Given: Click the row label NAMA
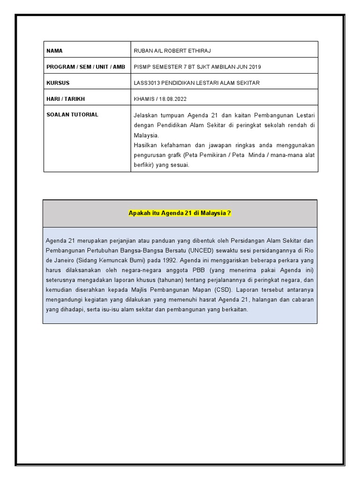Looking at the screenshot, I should [54, 51].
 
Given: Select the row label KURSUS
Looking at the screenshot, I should [58, 83].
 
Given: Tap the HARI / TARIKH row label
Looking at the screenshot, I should [66, 99].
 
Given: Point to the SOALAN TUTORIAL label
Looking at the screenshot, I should [72, 114].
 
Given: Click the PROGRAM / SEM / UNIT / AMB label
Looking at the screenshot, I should [86, 67].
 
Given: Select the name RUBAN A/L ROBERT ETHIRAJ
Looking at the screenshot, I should [169, 51].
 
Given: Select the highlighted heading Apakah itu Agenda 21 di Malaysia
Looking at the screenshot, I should [180, 213].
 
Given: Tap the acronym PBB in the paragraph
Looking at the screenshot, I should [198, 270].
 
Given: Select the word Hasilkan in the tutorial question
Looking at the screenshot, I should [146, 145].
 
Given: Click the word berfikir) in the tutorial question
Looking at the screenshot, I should [144, 165].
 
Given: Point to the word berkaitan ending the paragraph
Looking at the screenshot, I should [234, 309].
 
